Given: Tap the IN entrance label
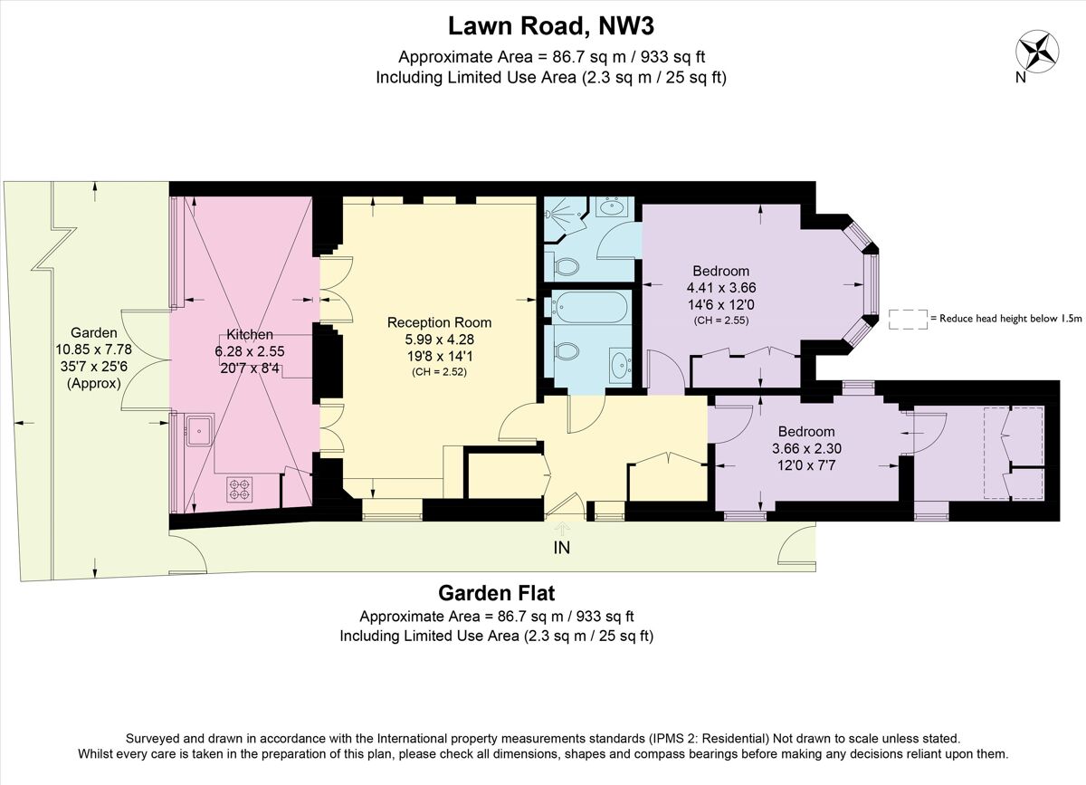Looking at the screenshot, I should point(562,547).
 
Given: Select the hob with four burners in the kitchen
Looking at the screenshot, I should point(239,489).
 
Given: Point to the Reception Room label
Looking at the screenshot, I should point(439,322).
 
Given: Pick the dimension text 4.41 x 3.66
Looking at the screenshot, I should point(721,288).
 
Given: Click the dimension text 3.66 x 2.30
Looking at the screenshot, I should point(803,448).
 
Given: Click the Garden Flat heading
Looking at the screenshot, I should point(496,594).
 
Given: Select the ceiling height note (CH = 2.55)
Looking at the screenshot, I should point(721,321).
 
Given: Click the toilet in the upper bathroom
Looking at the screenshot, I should point(567,267).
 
